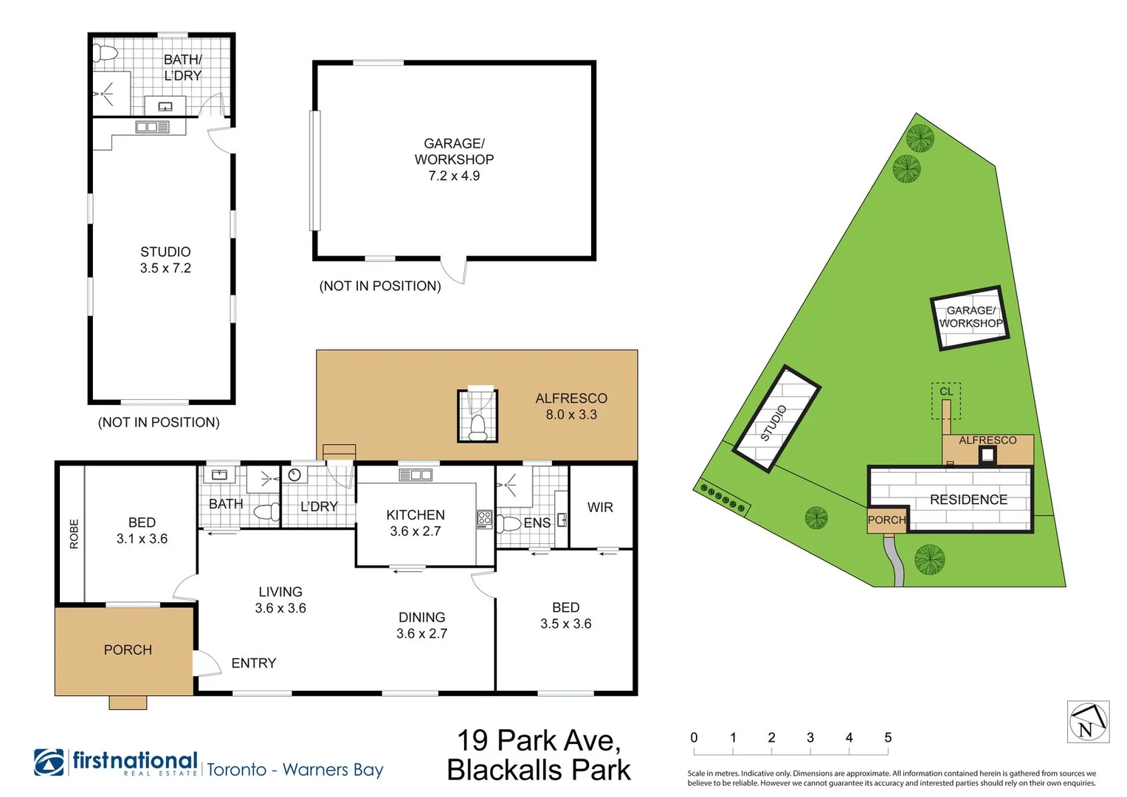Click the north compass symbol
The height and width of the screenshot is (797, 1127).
click(x=1089, y=722)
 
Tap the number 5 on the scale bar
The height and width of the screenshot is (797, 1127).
click(x=888, y=738)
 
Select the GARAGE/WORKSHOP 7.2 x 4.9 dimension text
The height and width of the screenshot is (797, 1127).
click(x=454, y=176)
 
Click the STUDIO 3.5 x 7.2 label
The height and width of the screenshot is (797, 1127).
click(x=165, y=260)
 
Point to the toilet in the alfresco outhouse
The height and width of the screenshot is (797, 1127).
click(x=477, y=427)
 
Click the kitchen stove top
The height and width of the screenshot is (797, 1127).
click(x=484, y=520)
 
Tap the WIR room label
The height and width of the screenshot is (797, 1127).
click(x=600, y=507)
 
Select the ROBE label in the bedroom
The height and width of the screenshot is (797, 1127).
click(x=74, y=534)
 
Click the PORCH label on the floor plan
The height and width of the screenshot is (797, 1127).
click(x=128, y=649)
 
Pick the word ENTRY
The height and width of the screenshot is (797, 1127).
click(x=254, y=663)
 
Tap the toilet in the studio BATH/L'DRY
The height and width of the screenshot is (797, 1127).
click(x=105, y=52)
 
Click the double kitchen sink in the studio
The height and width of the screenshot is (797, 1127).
click(x=153, y=127)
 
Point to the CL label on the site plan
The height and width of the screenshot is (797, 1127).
click(x=946, y=391)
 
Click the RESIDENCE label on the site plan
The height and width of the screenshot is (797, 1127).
click(x=968, y=500)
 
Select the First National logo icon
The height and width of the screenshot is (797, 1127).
click(x=49, y=762)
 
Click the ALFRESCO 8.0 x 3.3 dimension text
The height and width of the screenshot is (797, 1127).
click(x=571, y=415)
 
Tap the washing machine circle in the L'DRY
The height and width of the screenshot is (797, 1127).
click(x=294, y=475)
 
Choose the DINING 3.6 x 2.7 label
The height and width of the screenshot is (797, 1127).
click(x=421, y=626)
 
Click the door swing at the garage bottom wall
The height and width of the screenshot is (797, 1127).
click(x=455, y=272)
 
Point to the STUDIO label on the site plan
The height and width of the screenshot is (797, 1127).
click(x=773, y=423)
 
